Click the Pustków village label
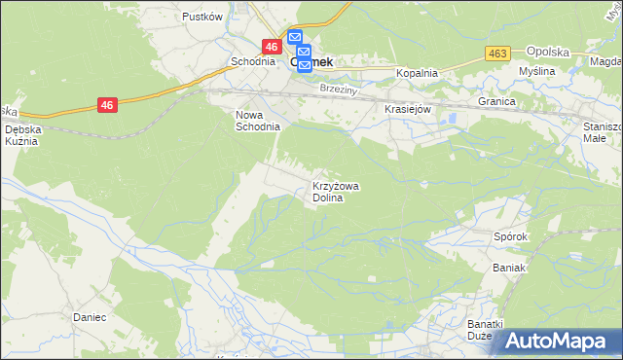point(202,17)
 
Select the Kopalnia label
point(417,73)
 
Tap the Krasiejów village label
point(408,110)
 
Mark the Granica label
point(495,100)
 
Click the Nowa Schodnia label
point(258,120)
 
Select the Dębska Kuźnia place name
point(21,134)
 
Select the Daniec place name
point(89,317)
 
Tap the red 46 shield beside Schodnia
point(272,46)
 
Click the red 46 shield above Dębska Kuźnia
point(107,105)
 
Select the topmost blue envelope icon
point(295,38)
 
